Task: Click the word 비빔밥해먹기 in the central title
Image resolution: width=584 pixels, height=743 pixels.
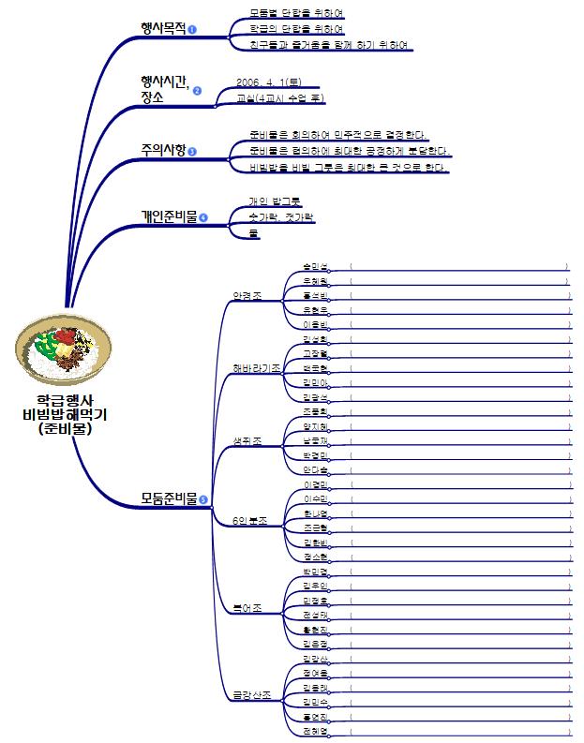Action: point(65,414)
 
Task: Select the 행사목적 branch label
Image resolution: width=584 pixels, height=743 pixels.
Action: point(162,28)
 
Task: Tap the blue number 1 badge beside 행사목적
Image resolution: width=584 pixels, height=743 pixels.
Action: point(192,30)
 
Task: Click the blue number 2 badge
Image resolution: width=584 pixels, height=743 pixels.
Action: point(197,91)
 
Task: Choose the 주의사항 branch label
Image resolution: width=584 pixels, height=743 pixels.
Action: point(162,149)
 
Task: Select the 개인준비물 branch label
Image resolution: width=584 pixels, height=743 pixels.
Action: point(169,216)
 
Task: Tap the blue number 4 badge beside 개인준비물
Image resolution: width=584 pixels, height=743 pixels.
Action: point(202,217)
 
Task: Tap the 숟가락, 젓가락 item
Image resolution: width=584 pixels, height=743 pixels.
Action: point(281,216)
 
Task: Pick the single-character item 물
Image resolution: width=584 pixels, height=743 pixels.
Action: point(253,232)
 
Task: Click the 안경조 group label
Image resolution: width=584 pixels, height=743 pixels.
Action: point(247,297)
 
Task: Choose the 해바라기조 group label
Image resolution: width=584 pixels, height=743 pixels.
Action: point(256,368)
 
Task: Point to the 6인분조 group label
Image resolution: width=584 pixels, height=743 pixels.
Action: point(250,520)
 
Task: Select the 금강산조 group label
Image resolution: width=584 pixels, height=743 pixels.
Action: point(252,695)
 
